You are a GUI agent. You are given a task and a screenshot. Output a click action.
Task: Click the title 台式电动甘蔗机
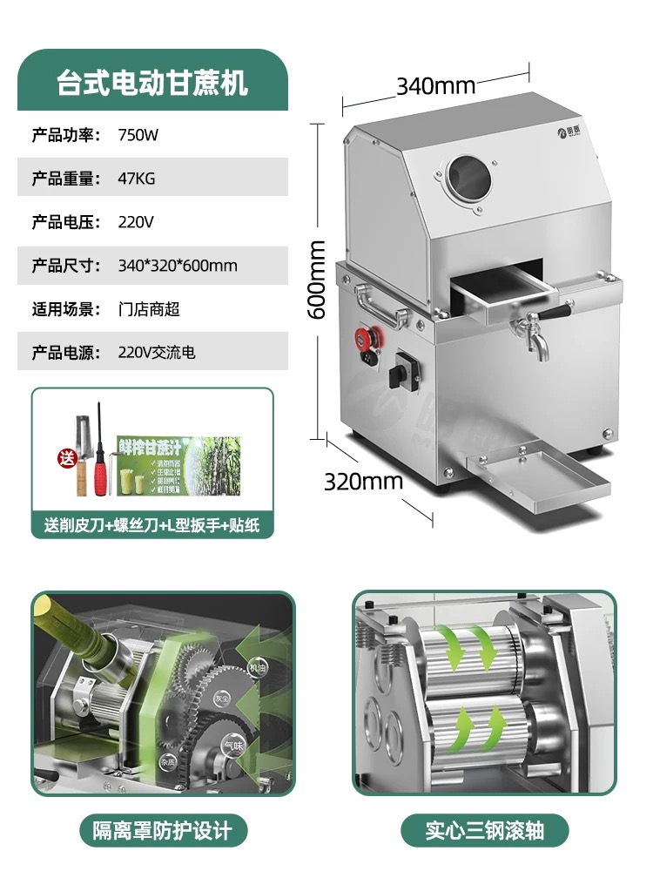click(152, 84)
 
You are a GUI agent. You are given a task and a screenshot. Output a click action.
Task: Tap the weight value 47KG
click(137, 179)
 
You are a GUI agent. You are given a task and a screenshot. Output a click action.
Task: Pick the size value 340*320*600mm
click(178, 266)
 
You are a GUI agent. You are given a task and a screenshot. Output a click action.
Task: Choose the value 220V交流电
click(157, 353)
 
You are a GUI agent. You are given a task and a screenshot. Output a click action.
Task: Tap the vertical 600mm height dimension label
click(318, 279)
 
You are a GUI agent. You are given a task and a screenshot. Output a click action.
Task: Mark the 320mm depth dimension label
click(364, 481)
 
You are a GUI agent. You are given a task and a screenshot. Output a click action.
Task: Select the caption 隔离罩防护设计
click(163, 829)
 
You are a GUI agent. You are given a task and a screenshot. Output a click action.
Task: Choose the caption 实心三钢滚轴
click(485, 829)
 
